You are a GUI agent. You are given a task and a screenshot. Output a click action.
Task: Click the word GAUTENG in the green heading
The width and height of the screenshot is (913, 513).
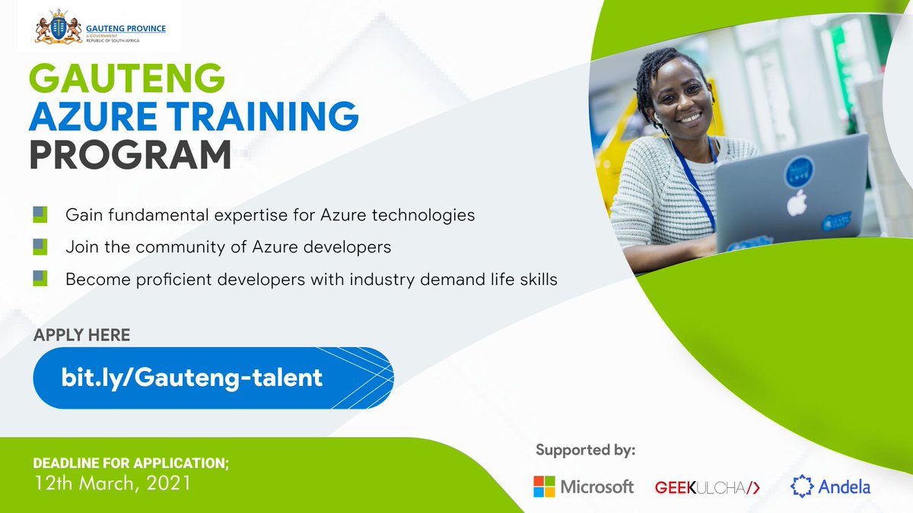[128, 79]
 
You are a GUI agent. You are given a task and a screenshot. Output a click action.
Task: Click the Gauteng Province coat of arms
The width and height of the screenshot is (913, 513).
[58, 29]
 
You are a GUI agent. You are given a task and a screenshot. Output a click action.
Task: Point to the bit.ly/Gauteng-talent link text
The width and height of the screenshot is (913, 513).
[192, 378]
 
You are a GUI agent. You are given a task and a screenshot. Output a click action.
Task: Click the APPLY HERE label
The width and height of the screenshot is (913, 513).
[81, 335]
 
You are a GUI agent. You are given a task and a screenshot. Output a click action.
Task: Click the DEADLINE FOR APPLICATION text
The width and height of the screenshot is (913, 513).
[125, 463]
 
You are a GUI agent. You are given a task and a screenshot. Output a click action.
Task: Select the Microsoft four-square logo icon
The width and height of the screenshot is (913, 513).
[543, 486]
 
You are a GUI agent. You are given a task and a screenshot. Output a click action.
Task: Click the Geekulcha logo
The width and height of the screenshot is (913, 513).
[707, 487]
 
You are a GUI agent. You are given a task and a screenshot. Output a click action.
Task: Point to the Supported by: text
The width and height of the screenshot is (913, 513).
[585, 450]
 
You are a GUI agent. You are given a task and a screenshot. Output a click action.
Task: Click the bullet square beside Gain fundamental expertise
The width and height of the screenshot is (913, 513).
[40, 214]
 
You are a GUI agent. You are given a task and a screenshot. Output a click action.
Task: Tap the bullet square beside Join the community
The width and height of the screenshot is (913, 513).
[40, 246]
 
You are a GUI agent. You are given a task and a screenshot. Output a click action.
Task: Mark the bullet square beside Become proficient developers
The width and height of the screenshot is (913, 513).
[40, 278]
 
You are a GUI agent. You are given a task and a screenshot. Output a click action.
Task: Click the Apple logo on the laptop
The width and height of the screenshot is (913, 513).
[796, 202]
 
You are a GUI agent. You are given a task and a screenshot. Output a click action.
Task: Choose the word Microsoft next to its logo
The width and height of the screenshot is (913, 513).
[597, 487]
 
